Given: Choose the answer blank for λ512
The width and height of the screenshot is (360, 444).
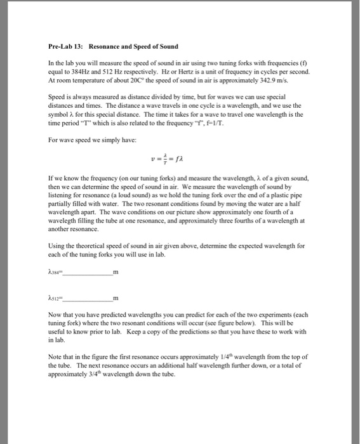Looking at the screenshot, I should click(x=86, y=298).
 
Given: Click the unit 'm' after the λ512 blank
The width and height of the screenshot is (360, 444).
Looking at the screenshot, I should click(x=115, y=297).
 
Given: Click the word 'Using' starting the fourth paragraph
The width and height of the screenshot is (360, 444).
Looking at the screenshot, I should click(x=57, y=245).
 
